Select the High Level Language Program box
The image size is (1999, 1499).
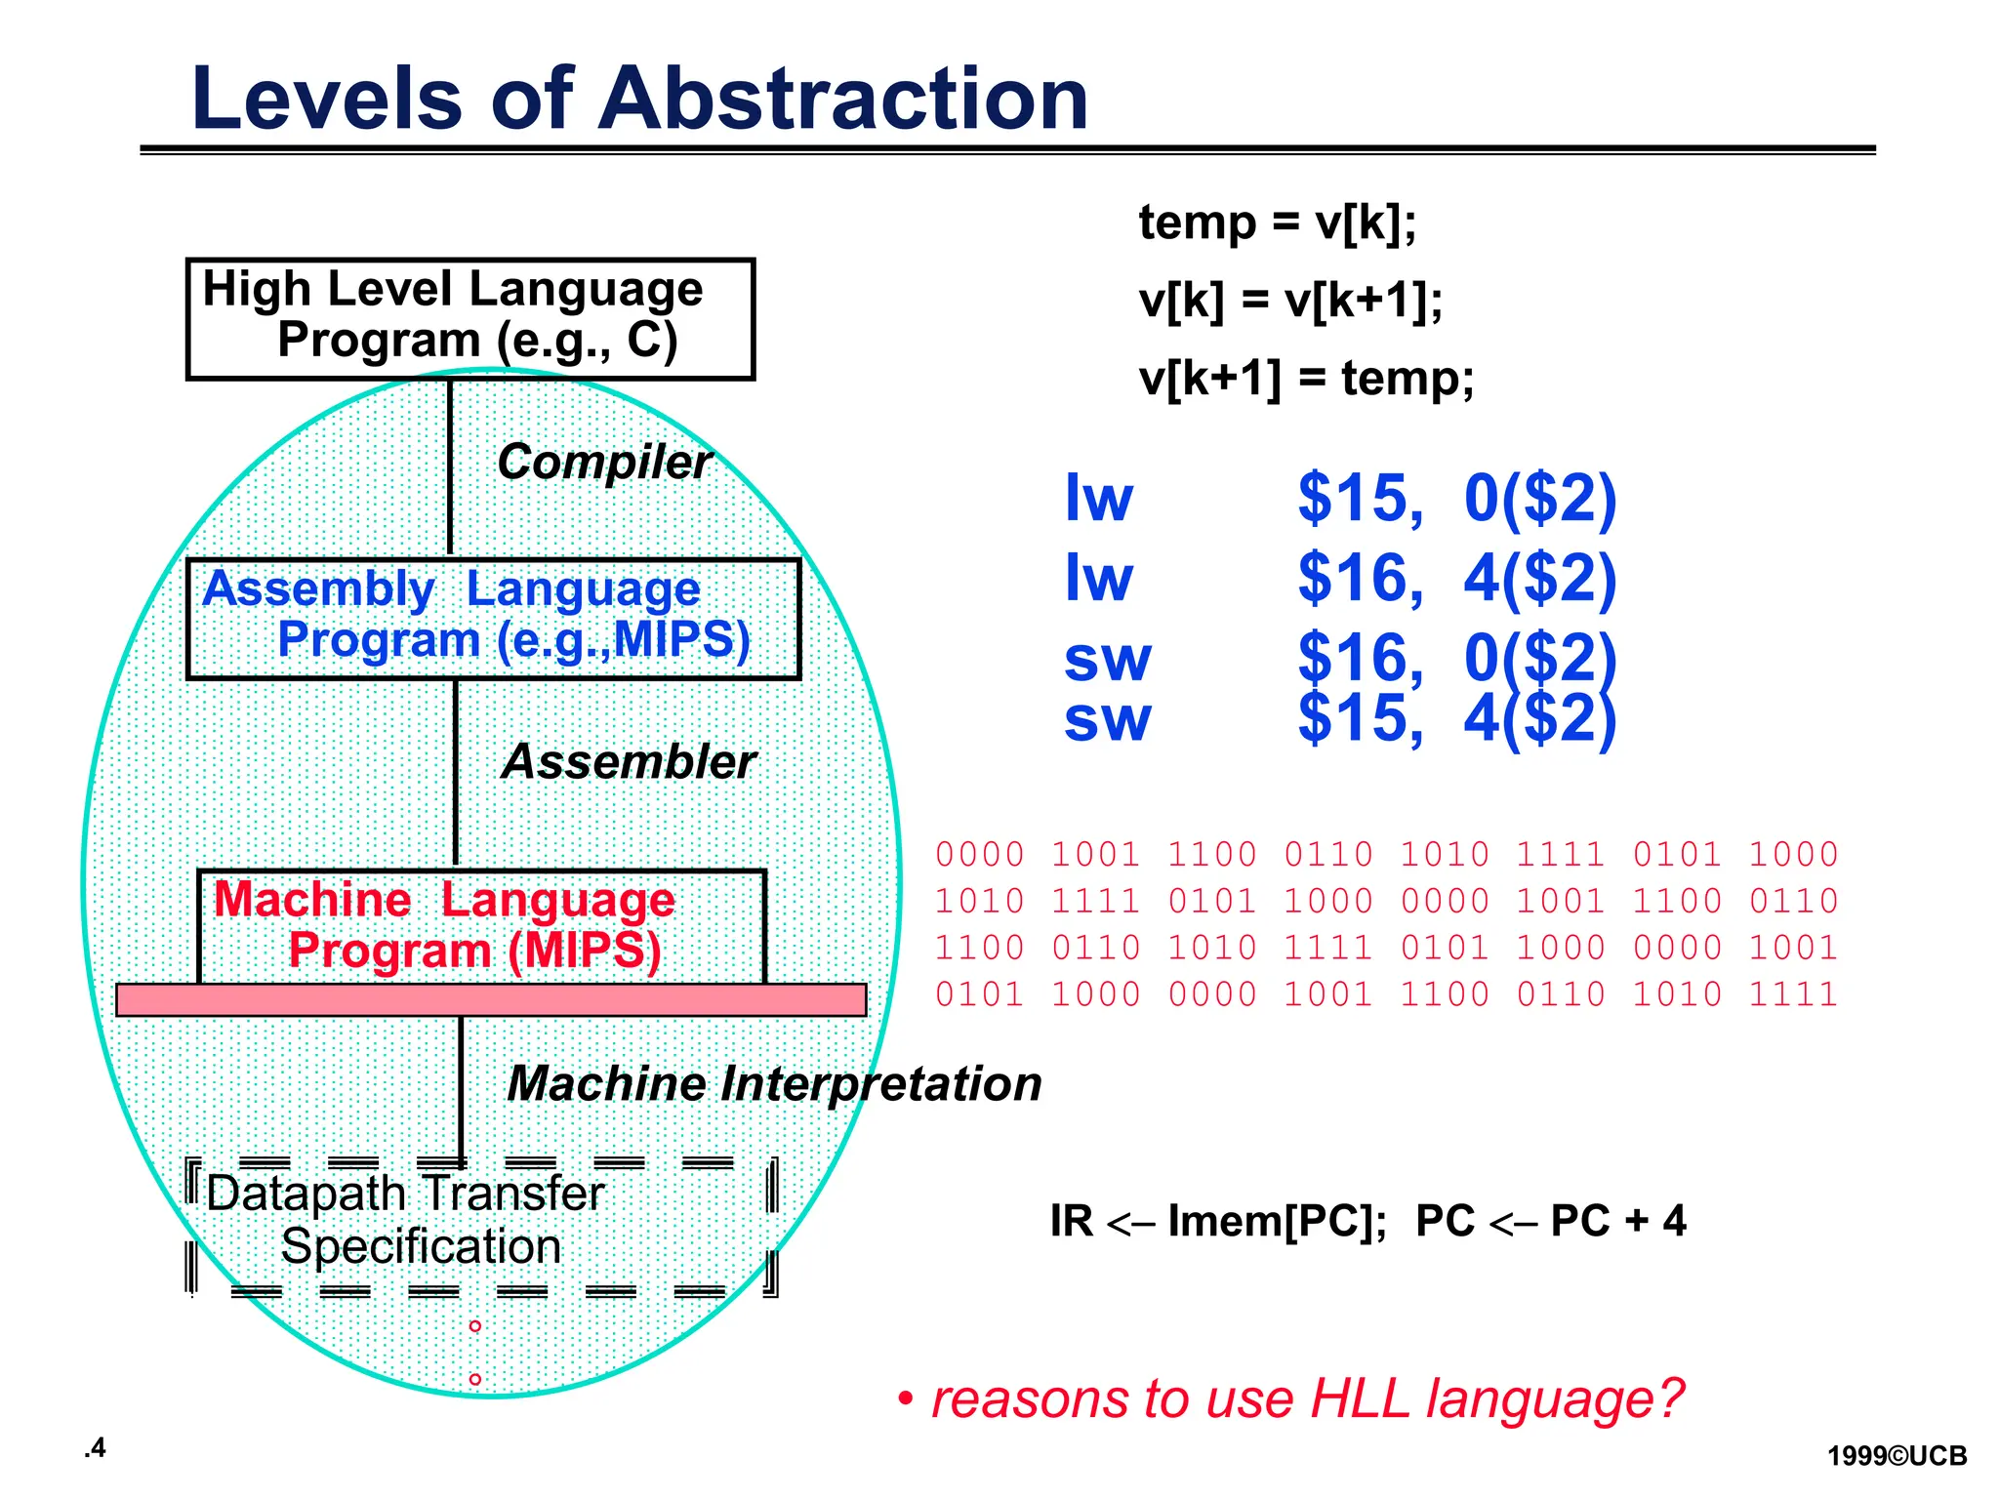[x=469, y=318]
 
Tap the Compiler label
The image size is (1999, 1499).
[x=604, y=462]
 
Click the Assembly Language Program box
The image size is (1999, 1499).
[x=493, y=618]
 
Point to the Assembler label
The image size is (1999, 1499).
[x=629, y=761]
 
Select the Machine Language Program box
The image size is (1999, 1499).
[x=481, y=925]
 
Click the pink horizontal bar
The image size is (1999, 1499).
[x=491, y=1000]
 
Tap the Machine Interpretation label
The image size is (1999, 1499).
[x=774, y=1083]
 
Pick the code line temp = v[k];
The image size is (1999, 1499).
[x=1277, y=223]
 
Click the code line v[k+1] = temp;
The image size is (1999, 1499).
[x=1306, y=378]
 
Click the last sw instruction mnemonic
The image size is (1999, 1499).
[x=1107, y=719]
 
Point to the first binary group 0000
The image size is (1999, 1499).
[x=979, y=855]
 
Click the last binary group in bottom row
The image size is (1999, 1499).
[x=1792, y=994]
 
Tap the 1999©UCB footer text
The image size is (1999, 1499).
[x=1897, y=1456]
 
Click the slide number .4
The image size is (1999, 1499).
[x=95, y=1448]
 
